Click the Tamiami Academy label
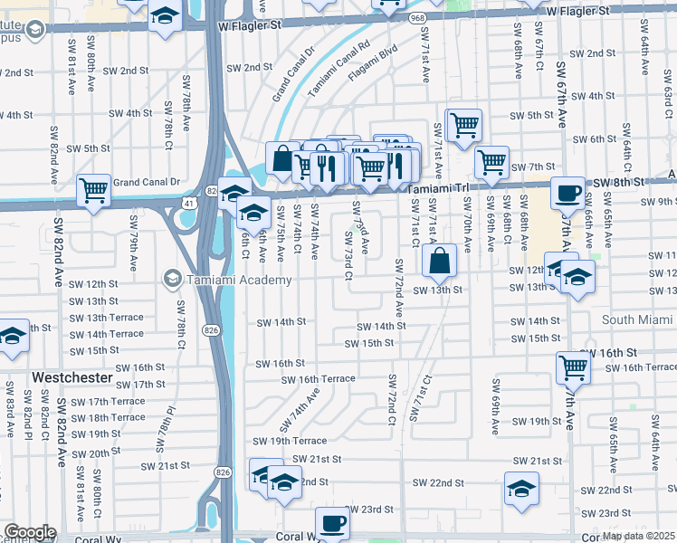click(239, 280)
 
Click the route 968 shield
click(417, 16)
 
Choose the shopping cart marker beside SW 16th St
click(574, 366)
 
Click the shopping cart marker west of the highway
click(93, 188)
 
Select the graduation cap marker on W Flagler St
click(164, 15)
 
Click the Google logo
click(30, 532)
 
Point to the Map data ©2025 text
click(638, 536)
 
